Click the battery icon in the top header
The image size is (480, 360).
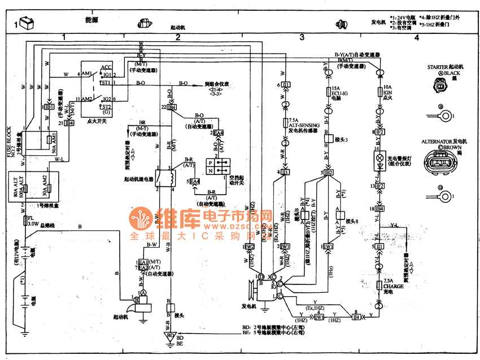pyautogui.click(x=27, y=24)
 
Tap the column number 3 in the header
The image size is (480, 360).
pyautogui.click(x=302, y=37)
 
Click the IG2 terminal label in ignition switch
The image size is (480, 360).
pyautogui.click(x=107, y=98)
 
